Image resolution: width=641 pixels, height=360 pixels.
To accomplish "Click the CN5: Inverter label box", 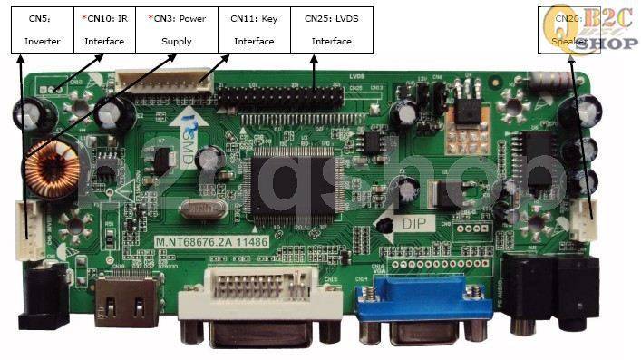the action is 42,28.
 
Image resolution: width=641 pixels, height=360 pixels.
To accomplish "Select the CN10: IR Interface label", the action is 103,28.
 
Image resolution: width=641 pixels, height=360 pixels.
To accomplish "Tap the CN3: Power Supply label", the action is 177,28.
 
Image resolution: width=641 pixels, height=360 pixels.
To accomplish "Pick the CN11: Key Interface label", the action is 254,28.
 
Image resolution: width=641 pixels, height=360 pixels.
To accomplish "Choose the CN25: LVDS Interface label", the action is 331,28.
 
